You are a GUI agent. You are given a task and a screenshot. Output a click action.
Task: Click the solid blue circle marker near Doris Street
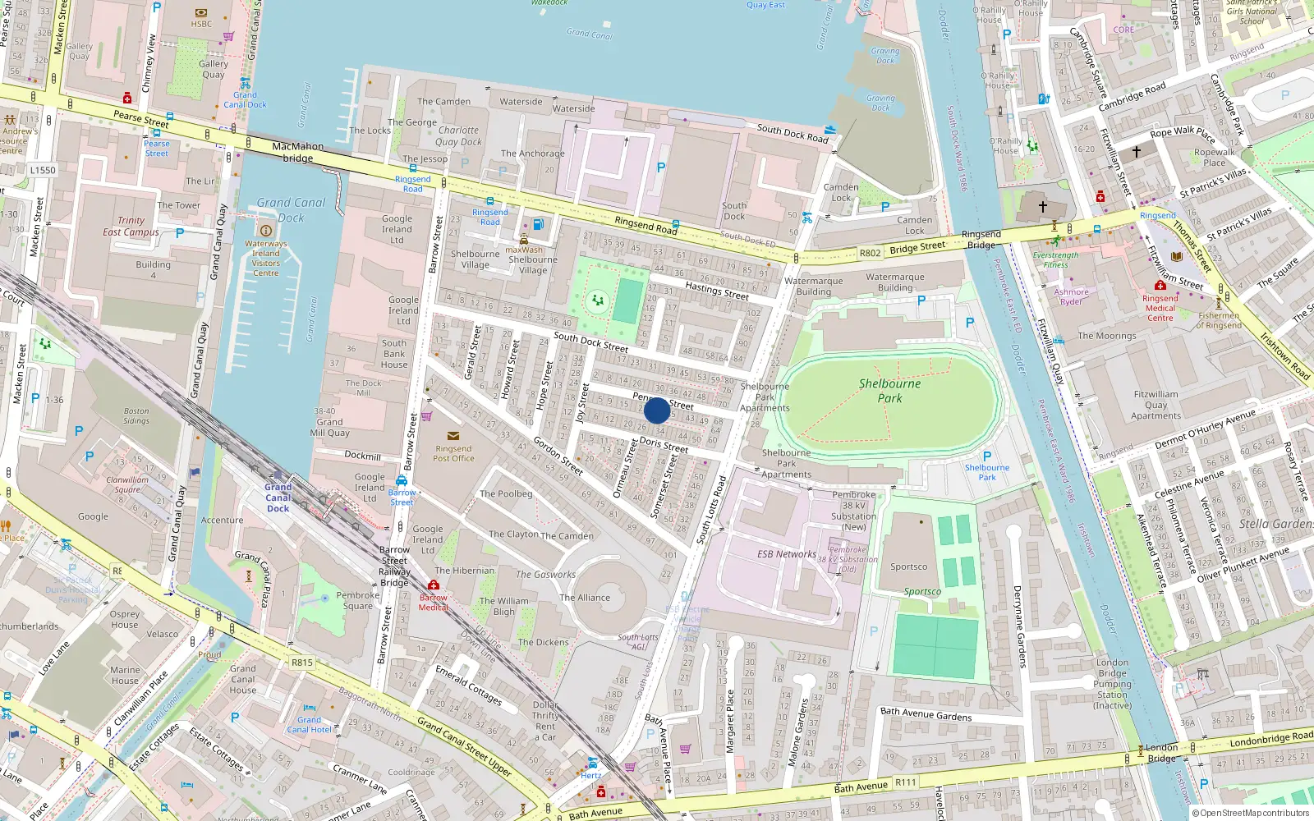click(657, 410)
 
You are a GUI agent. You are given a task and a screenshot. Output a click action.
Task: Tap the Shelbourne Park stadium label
click(889, 391)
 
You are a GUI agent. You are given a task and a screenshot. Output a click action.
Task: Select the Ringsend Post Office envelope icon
click(453, 436)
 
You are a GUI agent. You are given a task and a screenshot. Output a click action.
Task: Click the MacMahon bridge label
click(297, 152)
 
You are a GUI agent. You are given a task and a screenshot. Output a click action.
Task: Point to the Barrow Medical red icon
click(434, 585)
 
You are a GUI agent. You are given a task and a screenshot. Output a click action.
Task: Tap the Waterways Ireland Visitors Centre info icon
click(265, 231)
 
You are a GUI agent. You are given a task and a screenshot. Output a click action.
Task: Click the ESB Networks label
click(786, 554)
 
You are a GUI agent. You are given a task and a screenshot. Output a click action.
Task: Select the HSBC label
click(201, 24)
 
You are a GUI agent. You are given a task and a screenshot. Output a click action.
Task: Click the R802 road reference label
click(870, 253)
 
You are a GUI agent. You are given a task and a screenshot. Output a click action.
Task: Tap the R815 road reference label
click(301, 662)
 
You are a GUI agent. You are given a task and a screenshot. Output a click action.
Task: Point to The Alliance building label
click(585, 598)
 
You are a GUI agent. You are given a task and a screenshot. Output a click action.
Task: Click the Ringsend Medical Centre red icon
click(1160, 286)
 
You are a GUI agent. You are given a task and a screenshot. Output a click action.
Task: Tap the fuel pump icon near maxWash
click(538, 224)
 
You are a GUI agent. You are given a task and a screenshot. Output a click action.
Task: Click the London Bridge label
click(1161, 753)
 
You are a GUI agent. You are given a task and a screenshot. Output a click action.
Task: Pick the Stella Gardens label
click(1275, 524)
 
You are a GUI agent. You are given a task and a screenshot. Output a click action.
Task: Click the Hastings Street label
click(717, 291)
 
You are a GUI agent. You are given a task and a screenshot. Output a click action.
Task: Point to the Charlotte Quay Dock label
click(458, 135)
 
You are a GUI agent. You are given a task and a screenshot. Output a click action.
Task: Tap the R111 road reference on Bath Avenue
click(905, 782)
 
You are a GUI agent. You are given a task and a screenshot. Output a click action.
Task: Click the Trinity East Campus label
click(131, 226)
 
